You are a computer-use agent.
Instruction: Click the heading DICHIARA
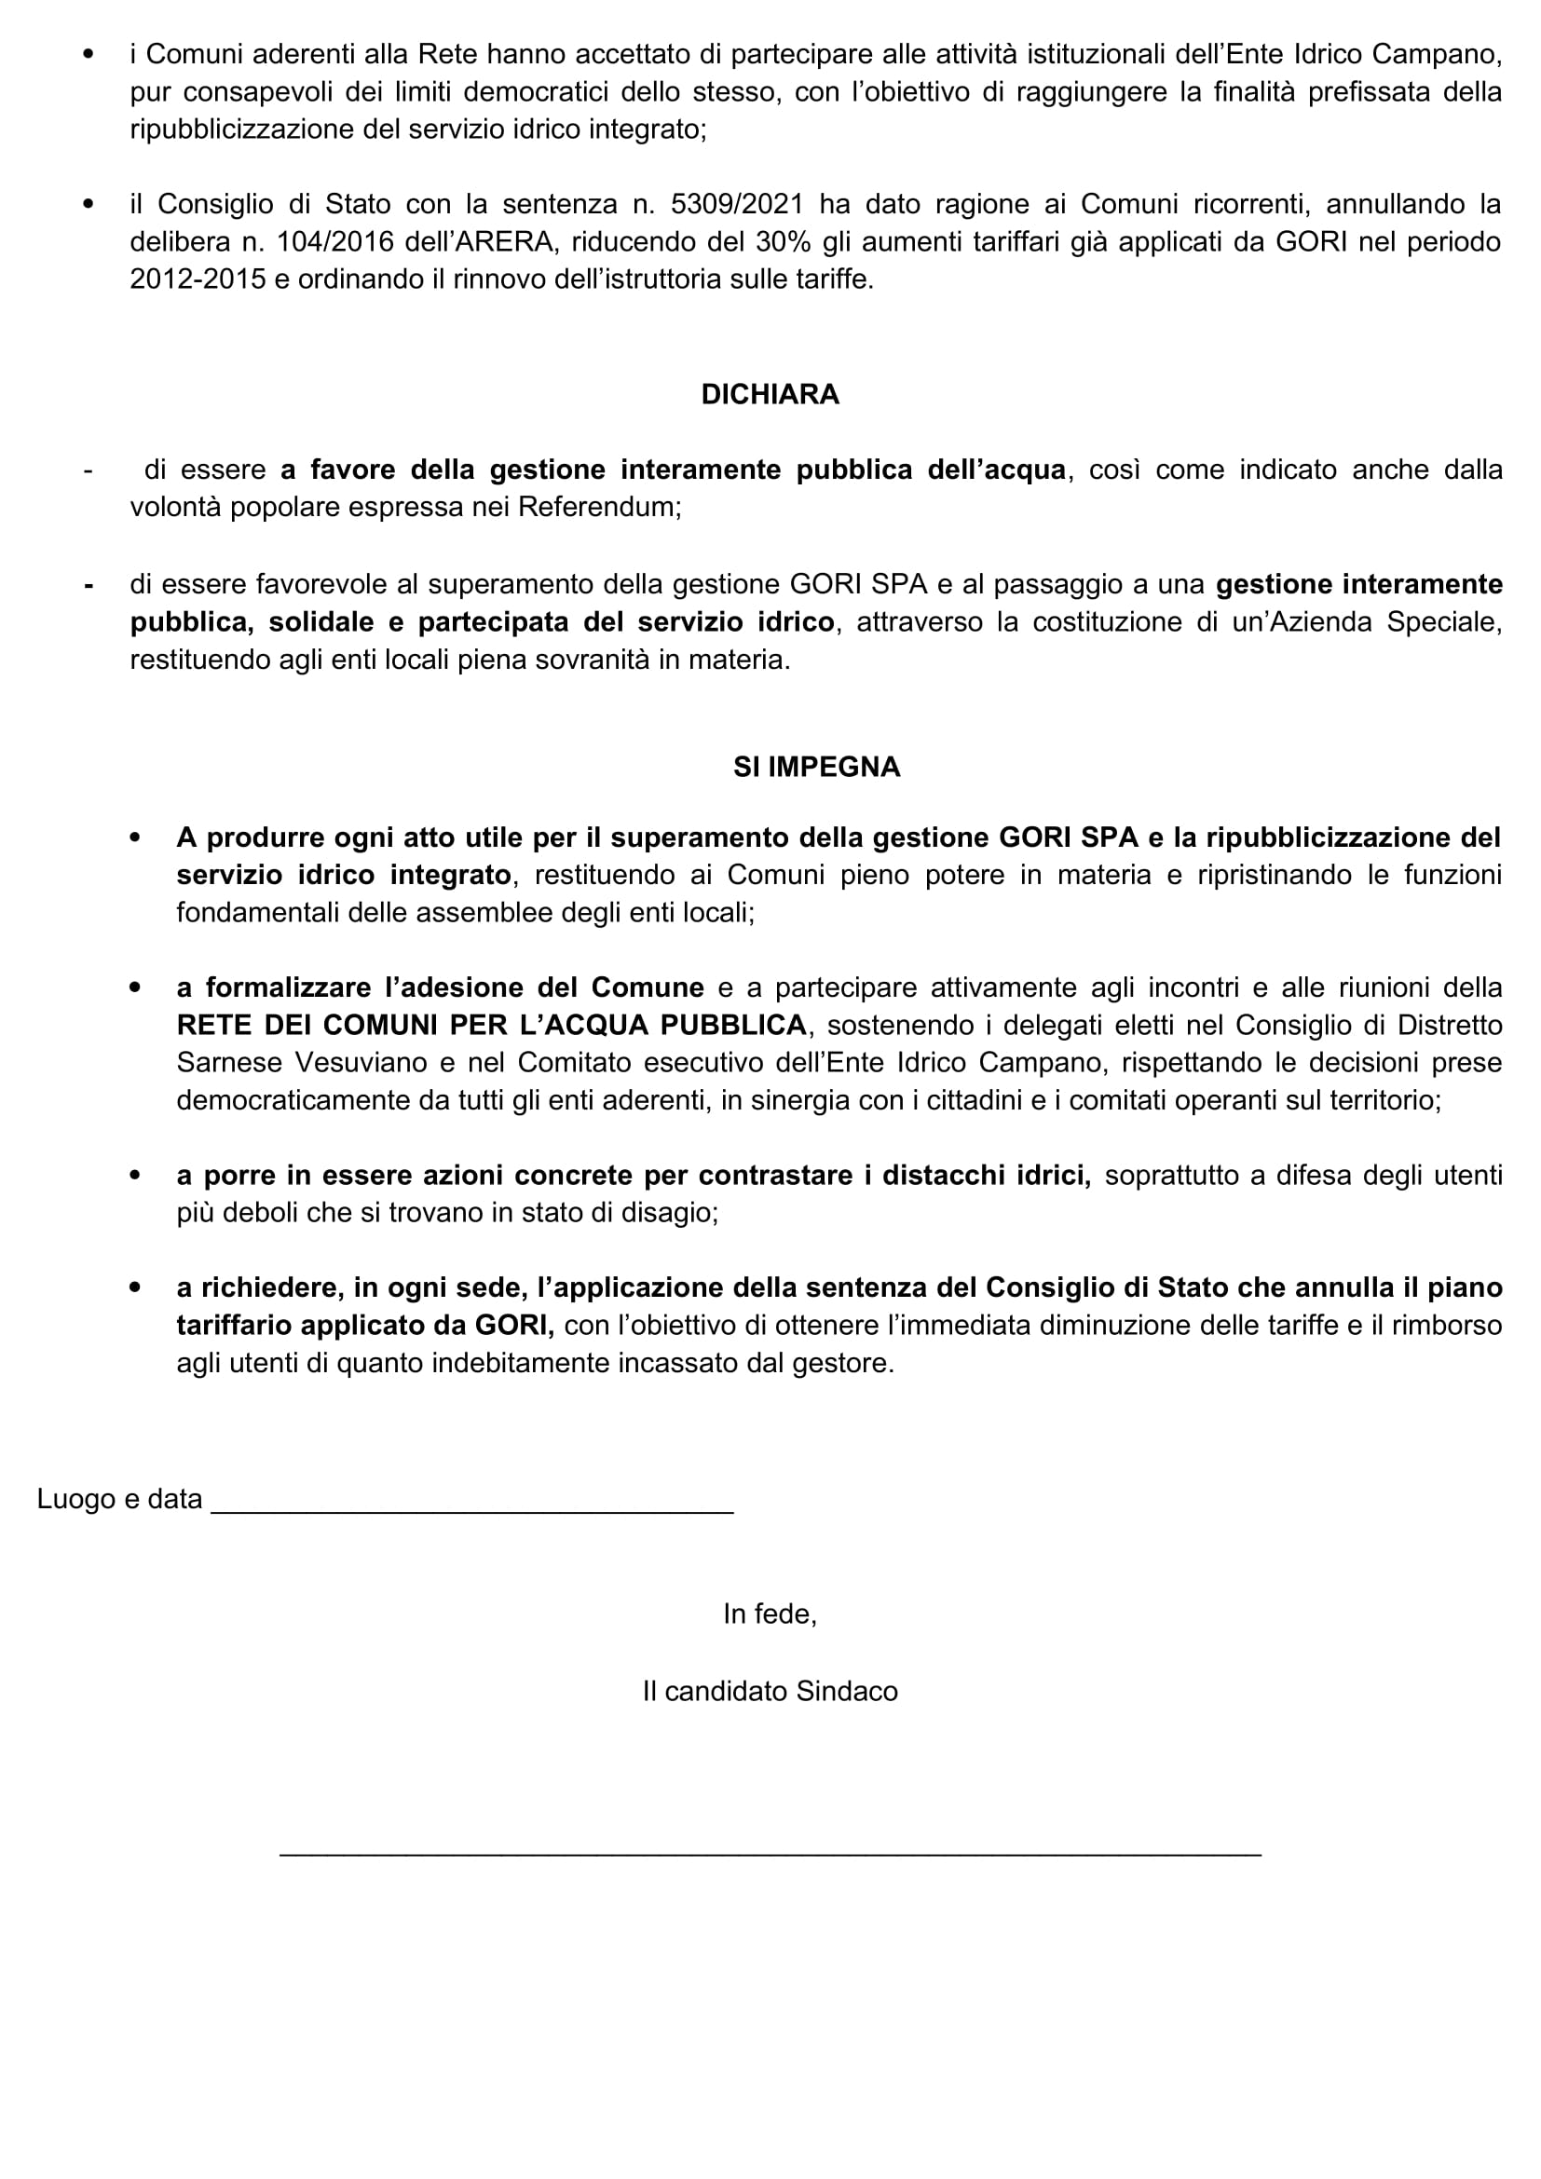coord(770,395)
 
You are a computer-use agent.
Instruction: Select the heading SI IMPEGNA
coord(816,767)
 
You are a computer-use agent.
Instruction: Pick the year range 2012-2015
coord(198,281)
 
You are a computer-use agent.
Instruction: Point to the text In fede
coord(770,1614)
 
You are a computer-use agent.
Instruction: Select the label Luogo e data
coord(119,1500)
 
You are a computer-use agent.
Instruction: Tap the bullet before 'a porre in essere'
coord(135,1176)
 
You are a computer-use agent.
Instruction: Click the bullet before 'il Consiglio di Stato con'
coord(89,205)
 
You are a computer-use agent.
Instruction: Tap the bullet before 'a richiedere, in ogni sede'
coord(135,1287)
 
